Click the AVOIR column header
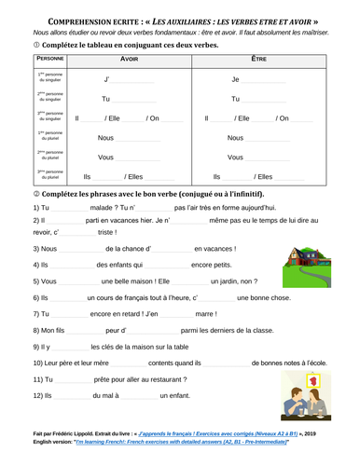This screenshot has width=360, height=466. point(130,59)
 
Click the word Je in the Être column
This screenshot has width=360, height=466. point(235,80)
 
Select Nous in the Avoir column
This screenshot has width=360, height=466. point(106,138)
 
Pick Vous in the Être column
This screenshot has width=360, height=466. point(235,158)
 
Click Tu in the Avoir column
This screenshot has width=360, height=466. point(105,99)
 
